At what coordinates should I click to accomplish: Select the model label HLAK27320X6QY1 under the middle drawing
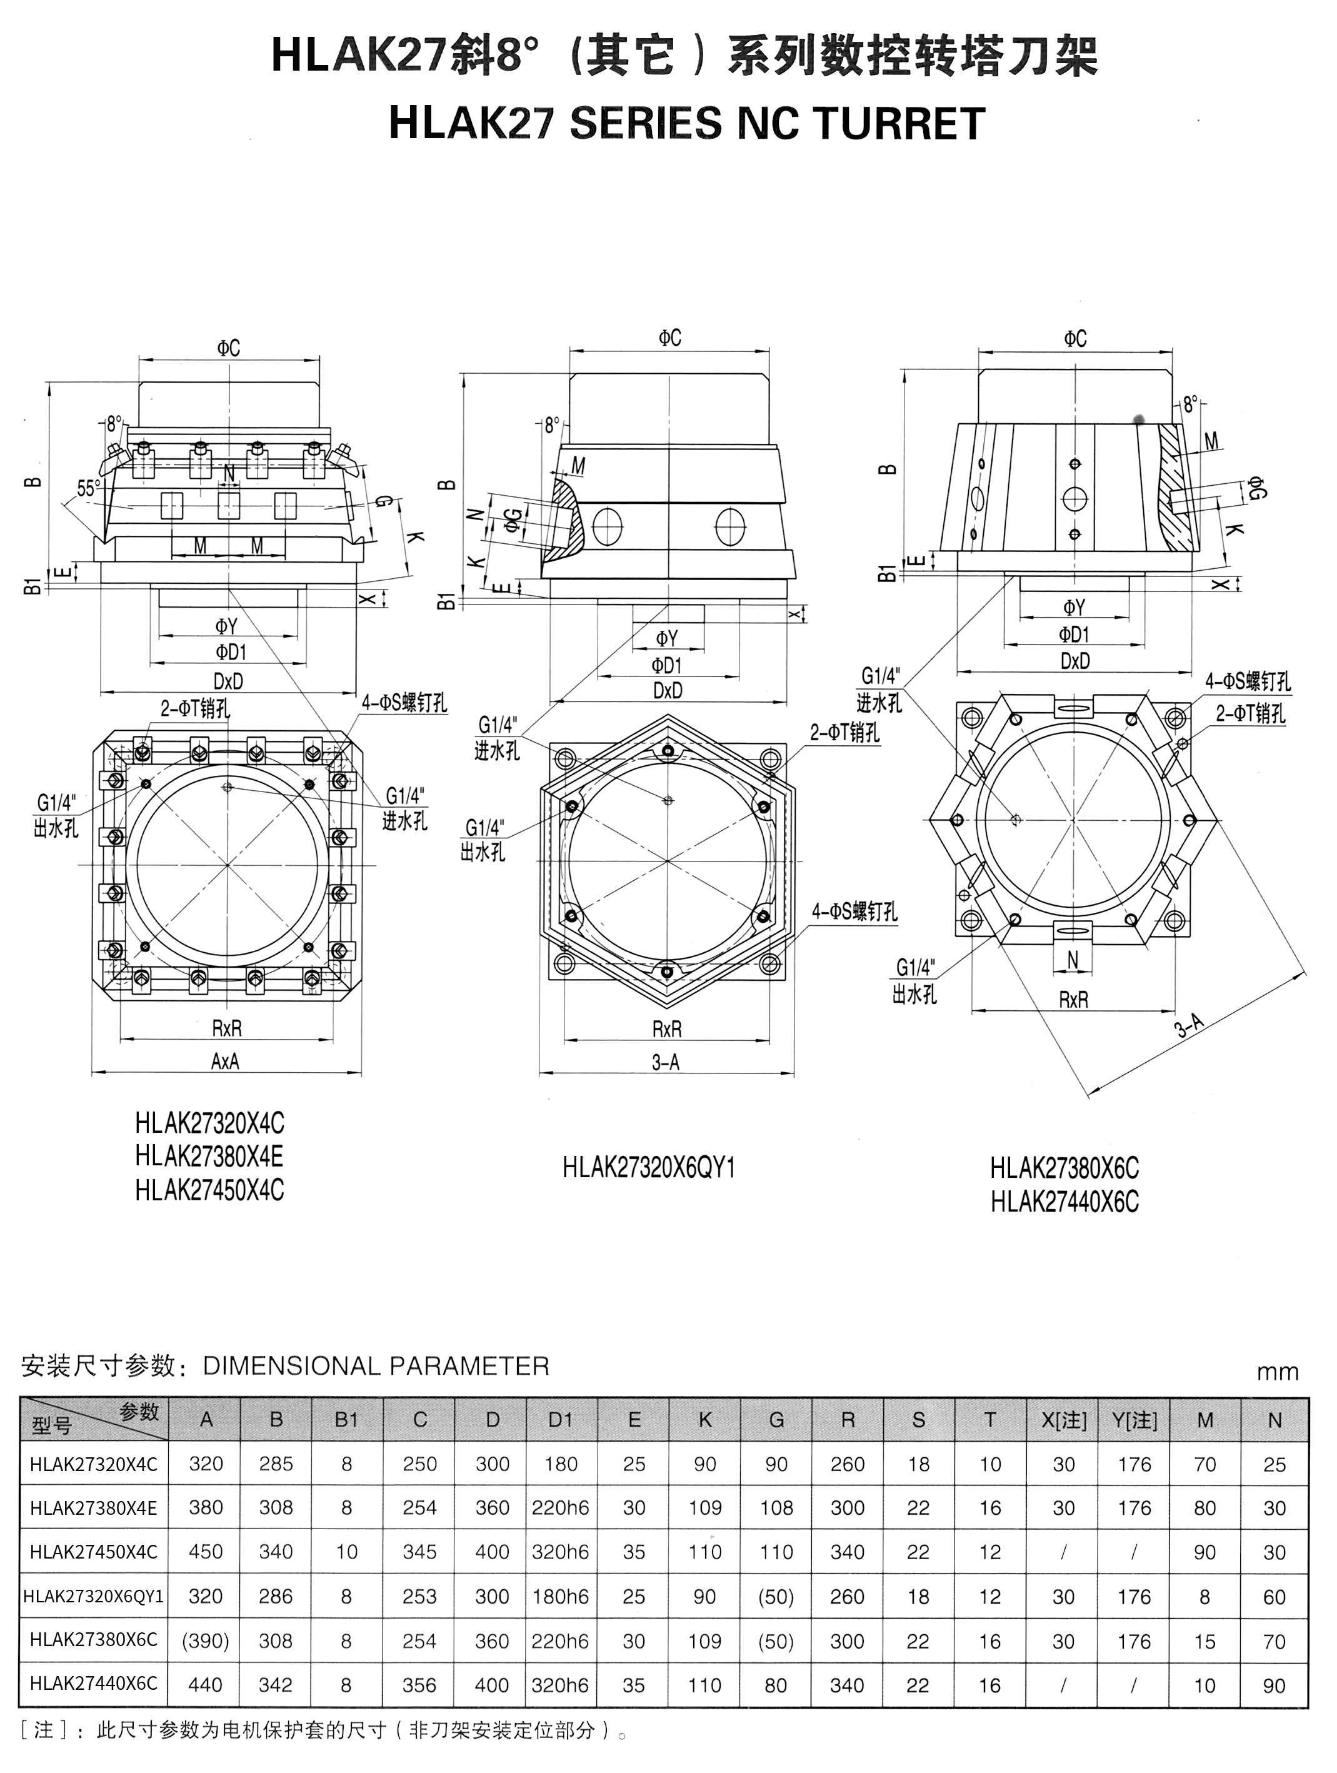[648, 1168]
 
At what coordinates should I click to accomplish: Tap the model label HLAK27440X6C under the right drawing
[1064, 1202]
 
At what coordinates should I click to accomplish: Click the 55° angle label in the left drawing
[89, 488]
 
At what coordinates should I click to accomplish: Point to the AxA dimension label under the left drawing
[225, 1061]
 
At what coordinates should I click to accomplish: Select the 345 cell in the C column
[419, 1552]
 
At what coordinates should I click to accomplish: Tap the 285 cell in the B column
[276, 1464]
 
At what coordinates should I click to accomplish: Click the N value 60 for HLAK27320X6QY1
[1274, 1597]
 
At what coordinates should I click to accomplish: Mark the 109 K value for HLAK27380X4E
[704, 1508]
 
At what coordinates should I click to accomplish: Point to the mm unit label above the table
[1277, 1372]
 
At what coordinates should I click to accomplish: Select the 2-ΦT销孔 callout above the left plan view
[196, 708]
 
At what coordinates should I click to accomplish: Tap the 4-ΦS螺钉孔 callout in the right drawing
[1247, 682]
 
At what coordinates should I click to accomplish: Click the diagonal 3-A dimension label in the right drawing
[1190, 1025]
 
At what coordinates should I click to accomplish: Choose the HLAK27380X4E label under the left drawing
[209, 1157]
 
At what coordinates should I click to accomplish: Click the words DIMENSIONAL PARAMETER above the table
[376, 1367]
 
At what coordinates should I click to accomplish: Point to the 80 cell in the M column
[1204, 1508]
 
